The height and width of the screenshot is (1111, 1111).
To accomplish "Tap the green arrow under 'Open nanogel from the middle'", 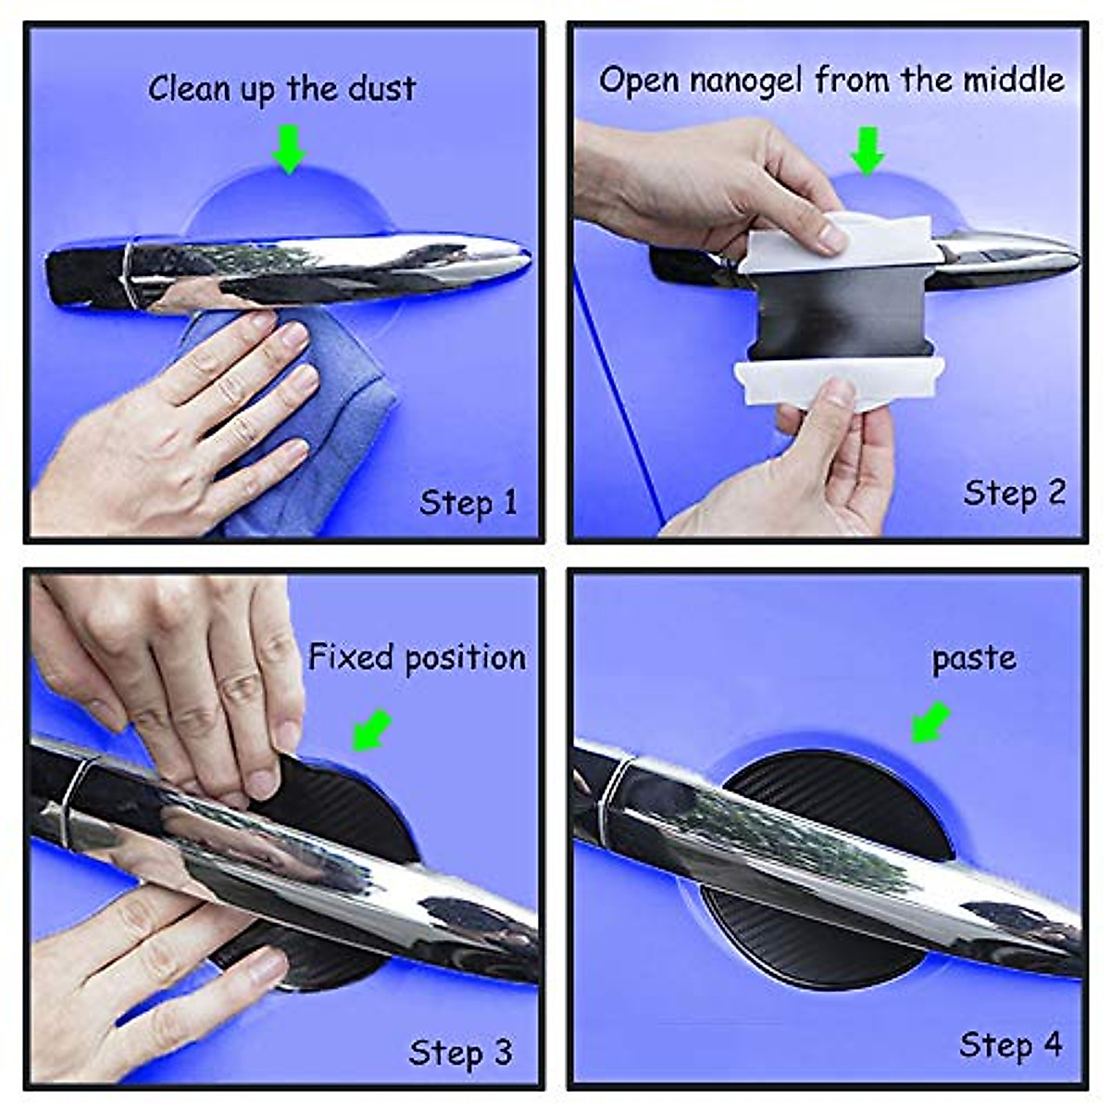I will pos(868,150).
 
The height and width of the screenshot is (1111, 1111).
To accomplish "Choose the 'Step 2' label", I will pos(1014,493).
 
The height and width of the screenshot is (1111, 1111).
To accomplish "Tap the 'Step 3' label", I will pos(460,1053).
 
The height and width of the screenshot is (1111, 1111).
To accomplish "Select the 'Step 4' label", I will pos(1010,1045).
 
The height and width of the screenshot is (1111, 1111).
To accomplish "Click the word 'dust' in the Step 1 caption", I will pos(381,89).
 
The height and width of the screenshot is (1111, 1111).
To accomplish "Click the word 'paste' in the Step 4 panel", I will pos(973,659).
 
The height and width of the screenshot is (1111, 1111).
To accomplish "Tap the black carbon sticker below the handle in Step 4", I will pos(805,944).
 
